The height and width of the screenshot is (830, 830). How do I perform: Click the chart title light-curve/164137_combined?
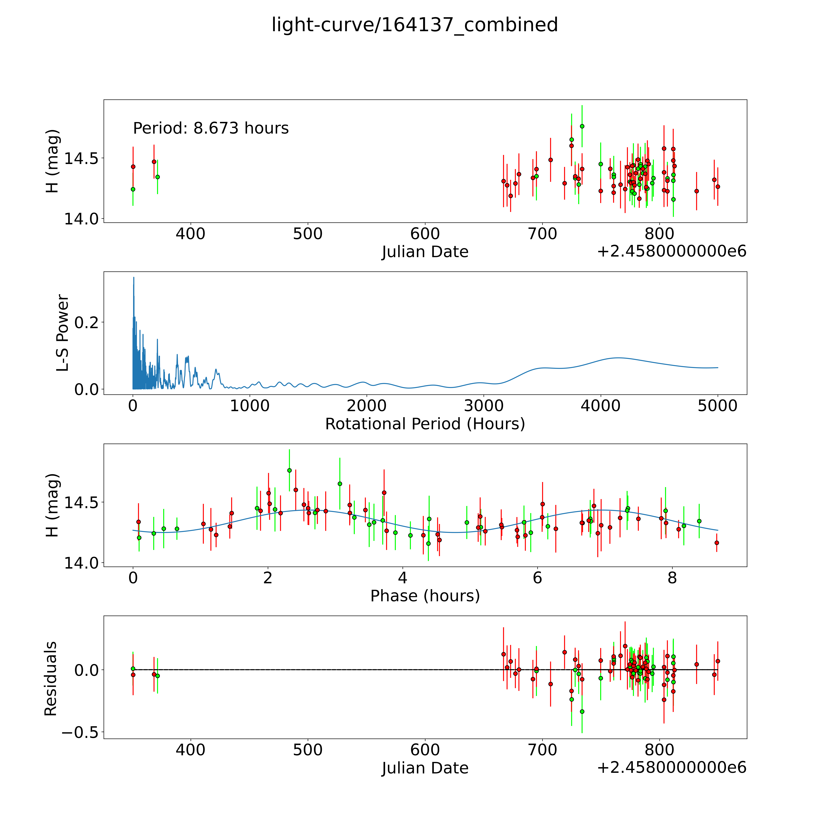coord(415,25)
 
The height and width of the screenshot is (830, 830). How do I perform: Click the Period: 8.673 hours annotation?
coord(211,128)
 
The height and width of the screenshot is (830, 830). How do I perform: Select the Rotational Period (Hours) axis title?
coord(425,424)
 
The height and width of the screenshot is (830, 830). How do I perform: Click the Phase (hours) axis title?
coord(425,596)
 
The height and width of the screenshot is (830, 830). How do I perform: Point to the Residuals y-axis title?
coord(51,679)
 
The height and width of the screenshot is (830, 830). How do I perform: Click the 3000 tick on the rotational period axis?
coord(484,406)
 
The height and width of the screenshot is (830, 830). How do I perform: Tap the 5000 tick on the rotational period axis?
coord(717,406)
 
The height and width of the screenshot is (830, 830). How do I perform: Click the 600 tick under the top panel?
coord(425,234)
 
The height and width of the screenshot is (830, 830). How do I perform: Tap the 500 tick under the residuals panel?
coord(308,750)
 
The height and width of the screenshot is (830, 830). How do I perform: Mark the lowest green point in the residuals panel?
coord(582,711)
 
